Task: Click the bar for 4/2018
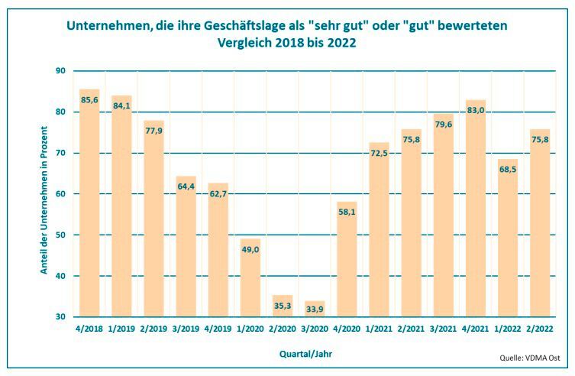[89, 203]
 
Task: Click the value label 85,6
[90, 100]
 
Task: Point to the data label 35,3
[283, 305]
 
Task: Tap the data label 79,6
[444, 124]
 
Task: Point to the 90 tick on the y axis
[60, 71]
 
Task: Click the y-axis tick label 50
[60, 235]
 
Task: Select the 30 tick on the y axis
[60, 317]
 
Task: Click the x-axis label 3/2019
[186, 329]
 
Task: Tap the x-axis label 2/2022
[540, 329]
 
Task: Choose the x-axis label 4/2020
[347, 329]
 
